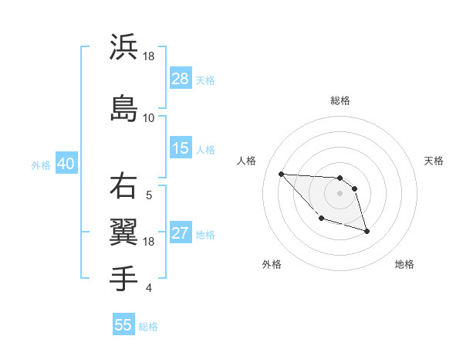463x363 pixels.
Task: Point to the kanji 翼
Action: pos(124,231)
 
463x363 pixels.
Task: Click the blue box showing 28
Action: pos(181,79)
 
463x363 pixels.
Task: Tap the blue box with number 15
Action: pos(181,148)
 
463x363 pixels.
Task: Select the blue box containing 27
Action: pos(181,234)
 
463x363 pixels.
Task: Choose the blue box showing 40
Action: pos(66,165)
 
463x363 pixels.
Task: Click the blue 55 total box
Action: pos(123,325)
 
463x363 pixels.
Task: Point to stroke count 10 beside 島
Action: pos(148,117)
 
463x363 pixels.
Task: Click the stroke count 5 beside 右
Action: pos(148,195)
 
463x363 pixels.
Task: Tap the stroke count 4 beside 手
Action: pos(148,289)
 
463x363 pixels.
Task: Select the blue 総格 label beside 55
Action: pos(149,327)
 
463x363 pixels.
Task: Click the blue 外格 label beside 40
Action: pos(41,165)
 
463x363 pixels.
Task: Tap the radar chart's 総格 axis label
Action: pos(340,100)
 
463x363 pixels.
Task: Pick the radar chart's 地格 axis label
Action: pos(404,265)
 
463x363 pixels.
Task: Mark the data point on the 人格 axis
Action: pos(282,174)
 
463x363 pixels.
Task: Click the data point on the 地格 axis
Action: pos(367,231)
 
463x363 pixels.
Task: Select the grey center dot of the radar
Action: pos(340,193)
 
